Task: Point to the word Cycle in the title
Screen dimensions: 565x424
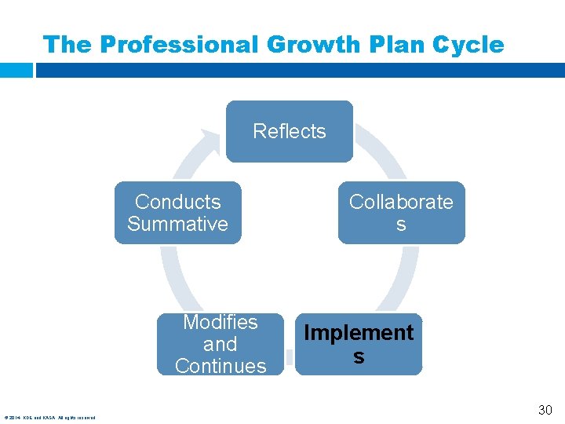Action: [468, 45]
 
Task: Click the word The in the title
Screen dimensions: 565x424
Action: [67, 45]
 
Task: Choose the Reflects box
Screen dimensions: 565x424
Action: [290, 131]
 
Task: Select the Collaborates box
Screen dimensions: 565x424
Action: [401, 213]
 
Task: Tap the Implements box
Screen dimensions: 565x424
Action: [359, 344]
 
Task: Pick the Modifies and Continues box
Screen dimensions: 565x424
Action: [221, 344]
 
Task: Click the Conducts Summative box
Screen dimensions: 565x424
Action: [177, 213]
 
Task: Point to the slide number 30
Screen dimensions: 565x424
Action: [545, 410]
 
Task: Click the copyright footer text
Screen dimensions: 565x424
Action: [49, 418]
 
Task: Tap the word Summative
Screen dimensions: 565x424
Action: [177, 224]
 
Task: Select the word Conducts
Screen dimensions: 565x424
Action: [177, 202]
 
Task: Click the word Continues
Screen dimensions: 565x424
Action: [221, 366]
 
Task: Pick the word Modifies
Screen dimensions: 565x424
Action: [221, 322]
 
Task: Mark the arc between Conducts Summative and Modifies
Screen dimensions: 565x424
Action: [170, 279]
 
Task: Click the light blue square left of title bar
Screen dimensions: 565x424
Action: [16, 70]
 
